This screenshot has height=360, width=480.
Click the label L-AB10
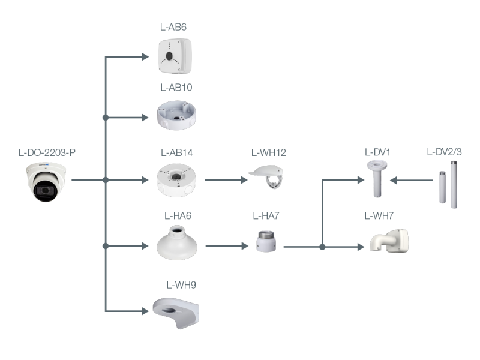tap(176, 88)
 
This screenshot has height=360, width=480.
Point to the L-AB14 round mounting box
tap(176, 179)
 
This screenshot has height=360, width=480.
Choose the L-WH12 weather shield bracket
tap(269, 177)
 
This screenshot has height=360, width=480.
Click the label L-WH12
tap(268, 152)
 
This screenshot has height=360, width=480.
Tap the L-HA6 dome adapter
tap(177, 244)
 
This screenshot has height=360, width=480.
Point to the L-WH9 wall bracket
tap(176, 311)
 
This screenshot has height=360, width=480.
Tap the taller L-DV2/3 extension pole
tap(454, 186)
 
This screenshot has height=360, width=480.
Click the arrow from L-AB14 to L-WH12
tap(226, 179)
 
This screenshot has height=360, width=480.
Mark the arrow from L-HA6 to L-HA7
tap(227, 245)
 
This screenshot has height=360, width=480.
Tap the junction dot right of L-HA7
tap(323, 247)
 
